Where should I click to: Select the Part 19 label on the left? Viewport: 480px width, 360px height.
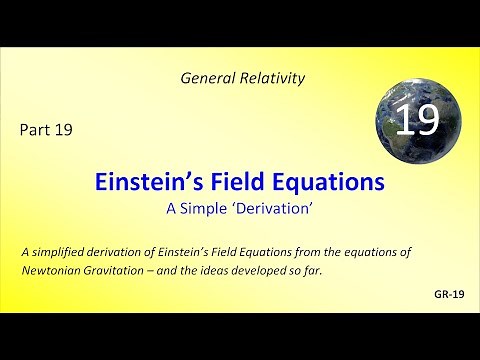click(45, 129)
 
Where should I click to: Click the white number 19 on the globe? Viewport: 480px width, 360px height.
click(417, 121)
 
